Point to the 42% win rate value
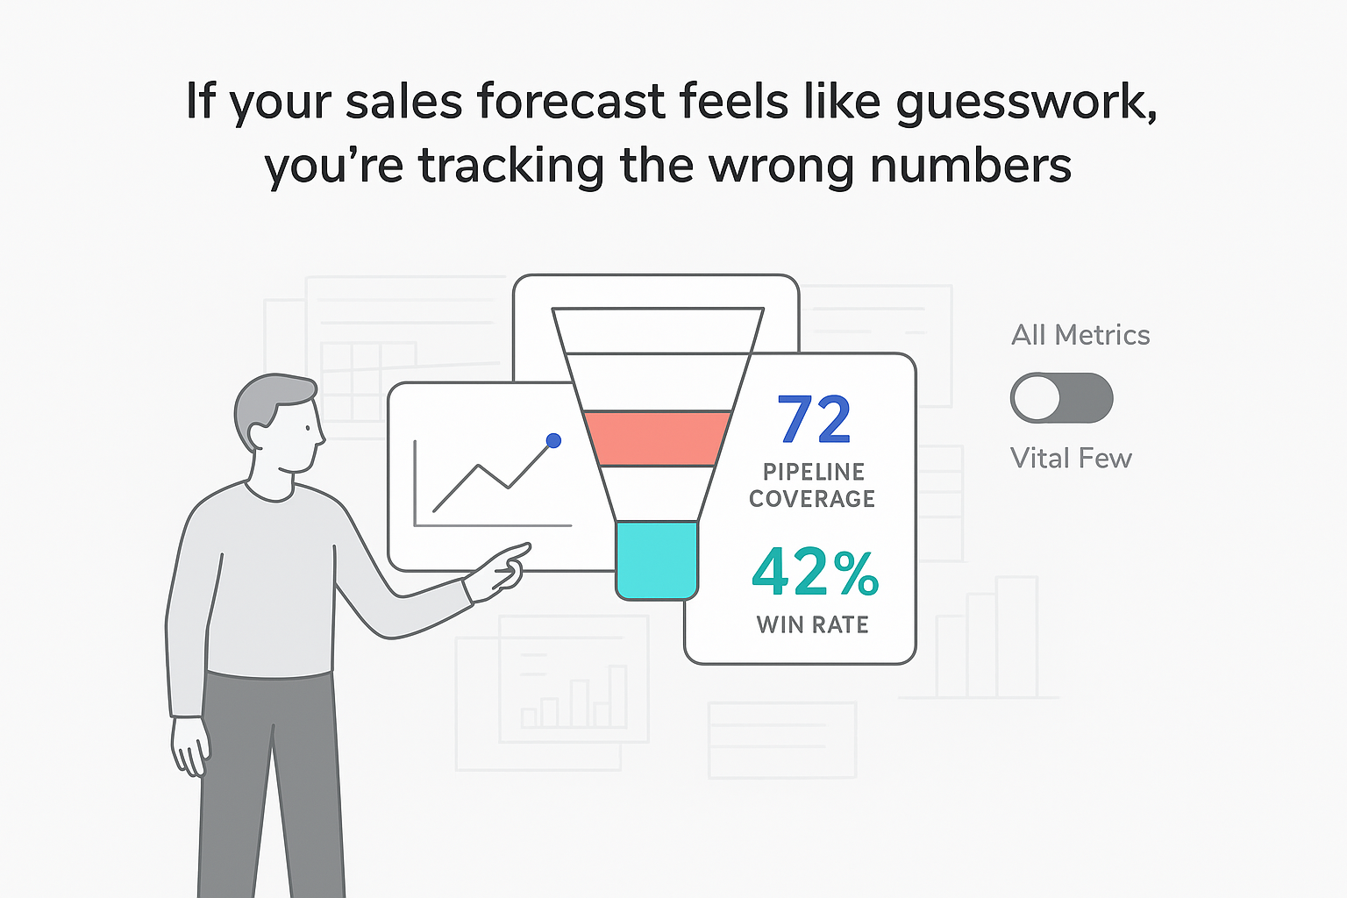[815, 572]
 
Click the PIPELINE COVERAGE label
[812, 485]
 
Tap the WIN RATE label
[812, 624]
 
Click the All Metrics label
[1080, 335]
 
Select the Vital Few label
[1070, 458]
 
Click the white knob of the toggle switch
[1037, 398]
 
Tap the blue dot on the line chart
[553, 440]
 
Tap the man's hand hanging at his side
[189, 745]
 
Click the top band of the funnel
[658, 330]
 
